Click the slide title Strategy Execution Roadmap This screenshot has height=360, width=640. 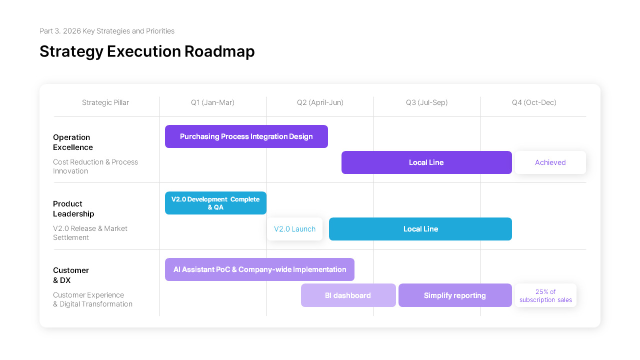(147, 51)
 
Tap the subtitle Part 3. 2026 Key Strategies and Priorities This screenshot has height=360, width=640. (107, 31)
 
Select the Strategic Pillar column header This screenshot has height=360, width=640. (105, 102)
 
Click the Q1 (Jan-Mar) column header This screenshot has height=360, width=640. (212, 102)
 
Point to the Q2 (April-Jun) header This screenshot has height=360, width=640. (320, 102)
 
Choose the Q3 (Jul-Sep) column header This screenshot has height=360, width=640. (427, 102)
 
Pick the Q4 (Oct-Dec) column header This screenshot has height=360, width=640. (534, 102)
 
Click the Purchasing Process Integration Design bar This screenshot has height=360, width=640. (246, 136)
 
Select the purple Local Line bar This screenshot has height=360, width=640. (426, 162)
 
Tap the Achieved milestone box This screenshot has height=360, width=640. (550, 162)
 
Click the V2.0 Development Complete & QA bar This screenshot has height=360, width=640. (215, 203)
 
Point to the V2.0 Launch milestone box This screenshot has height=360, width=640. (295, 229)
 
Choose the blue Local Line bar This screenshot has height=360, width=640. (420, 229)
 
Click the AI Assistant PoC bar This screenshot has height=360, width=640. (259, 269)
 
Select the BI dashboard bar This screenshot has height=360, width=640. (348, 295)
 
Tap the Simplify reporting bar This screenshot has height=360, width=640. (455, 295)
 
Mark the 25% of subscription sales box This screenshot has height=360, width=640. (545, 295)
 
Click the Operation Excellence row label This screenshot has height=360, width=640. (73, 142)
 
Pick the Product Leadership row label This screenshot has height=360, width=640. (73, 209)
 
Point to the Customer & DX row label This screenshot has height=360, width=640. (71, 275)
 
